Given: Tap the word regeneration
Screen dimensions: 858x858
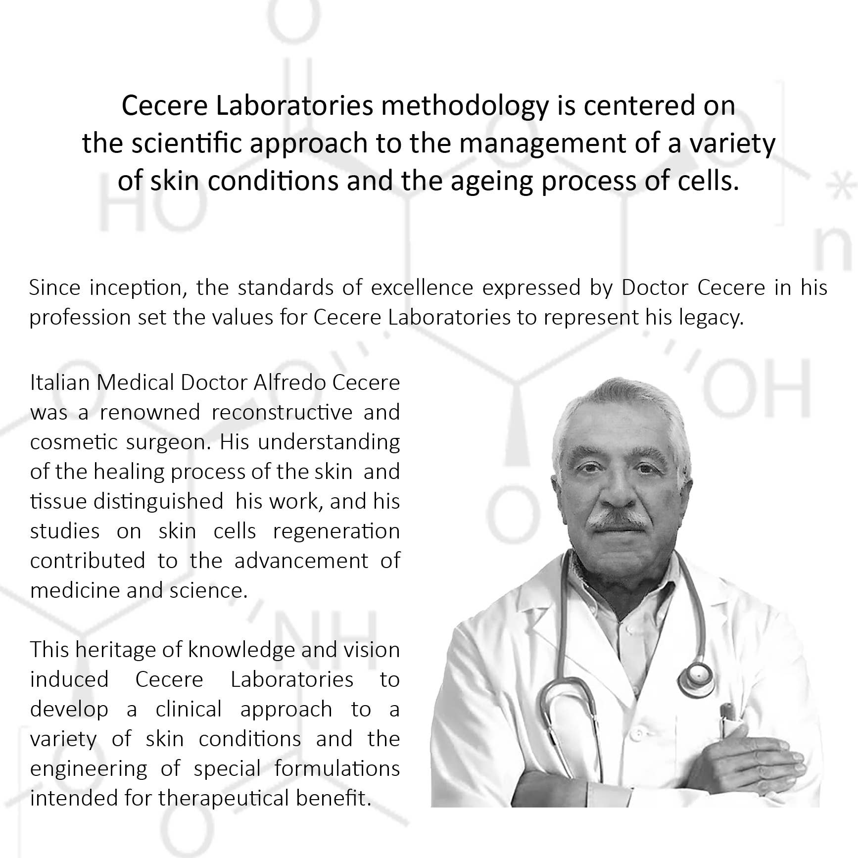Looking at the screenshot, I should pyautogui.click(x=336, y=531).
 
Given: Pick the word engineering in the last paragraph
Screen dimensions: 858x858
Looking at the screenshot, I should pyautogui.click(x=89, y=769).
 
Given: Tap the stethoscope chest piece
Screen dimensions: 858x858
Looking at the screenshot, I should pyautogui.click(x=697, y=675).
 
